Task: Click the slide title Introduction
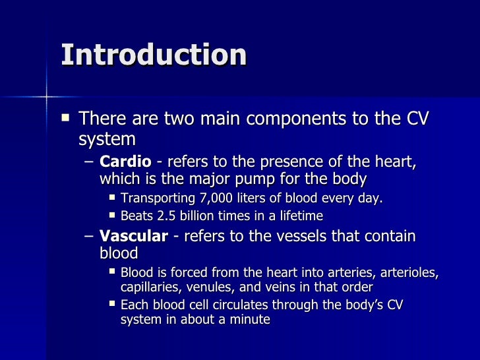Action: tap(154, 55)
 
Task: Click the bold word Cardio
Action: tap(125, 162)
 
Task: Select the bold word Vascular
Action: tap(133, 237)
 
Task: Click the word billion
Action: tap(204, 216)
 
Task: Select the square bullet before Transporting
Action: tap(112, 198)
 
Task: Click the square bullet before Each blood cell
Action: tap(112, 304)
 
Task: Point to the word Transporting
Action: tap(157, 198)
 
